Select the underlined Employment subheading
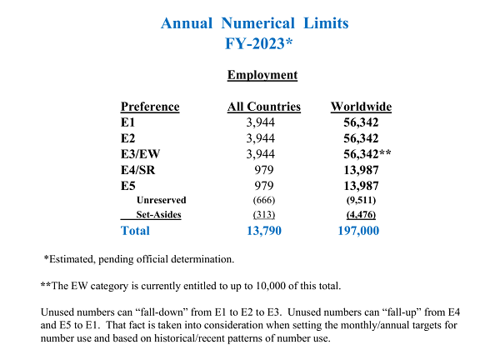click(x=262, y=76)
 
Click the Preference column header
click(x=150, y=107)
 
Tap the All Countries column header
click(x=264, y=107)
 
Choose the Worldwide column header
click(x=361, y=107)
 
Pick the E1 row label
click(x=128, y=122)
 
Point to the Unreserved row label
click(x=161, y=200)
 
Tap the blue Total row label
click(x=136, y=230)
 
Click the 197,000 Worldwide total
click(x=361, y=230)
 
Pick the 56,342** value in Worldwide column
click(x=367, y=153)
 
